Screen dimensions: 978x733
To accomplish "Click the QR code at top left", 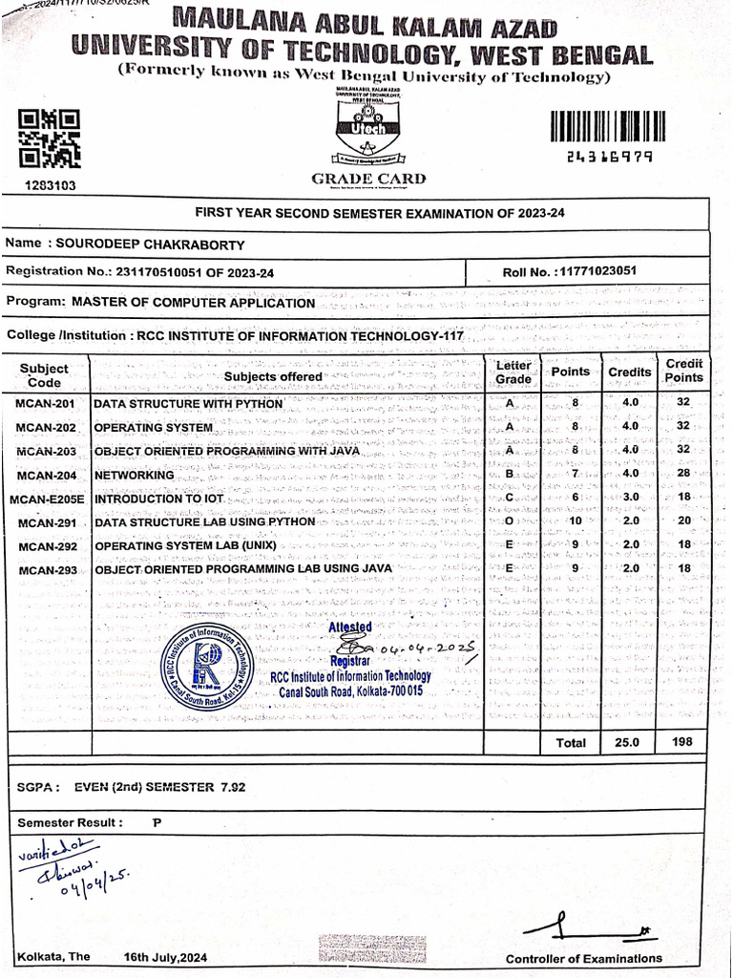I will click(x=50, y=139).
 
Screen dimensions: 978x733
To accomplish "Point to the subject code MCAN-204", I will click(x=46, y=475).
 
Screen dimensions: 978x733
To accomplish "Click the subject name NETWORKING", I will click(x=134, y=475).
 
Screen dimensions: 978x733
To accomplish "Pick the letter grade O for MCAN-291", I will click(x=510, y=521).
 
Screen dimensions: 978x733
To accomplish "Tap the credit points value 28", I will click(x=682, y=475).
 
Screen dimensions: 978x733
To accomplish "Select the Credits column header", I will click(x=630, y=372).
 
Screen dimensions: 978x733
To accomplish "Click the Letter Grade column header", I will click(x=513, y=372).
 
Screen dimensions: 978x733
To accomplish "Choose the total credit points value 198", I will click(x=682, y=742).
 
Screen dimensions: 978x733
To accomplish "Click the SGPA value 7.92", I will click(x=232, y=787).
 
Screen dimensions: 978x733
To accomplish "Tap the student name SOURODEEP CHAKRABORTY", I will click(x=151, y=244).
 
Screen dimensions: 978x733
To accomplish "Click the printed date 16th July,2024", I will click(x=166, y=957).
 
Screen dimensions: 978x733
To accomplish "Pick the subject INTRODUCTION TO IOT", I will click(x=158, y=499).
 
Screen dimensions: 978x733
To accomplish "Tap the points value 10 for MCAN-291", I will click(x=575, y=521).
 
